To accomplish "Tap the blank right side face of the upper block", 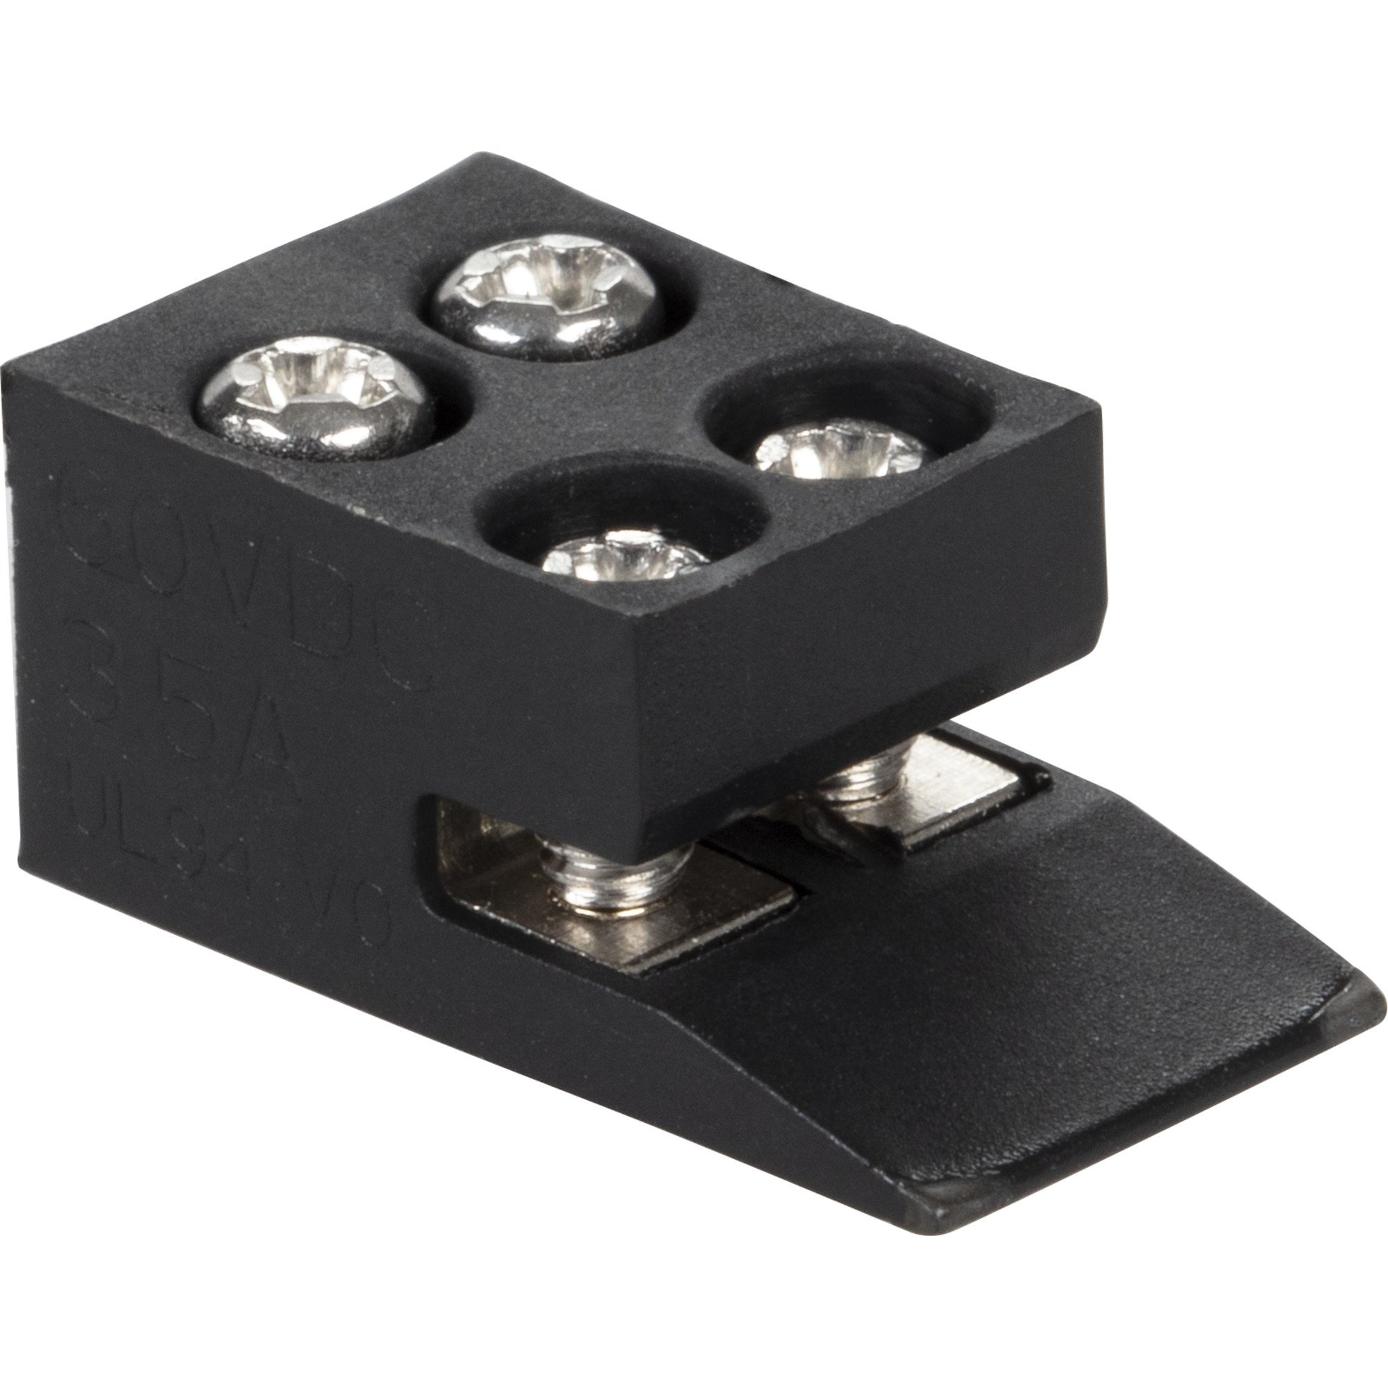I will (862, 632).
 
